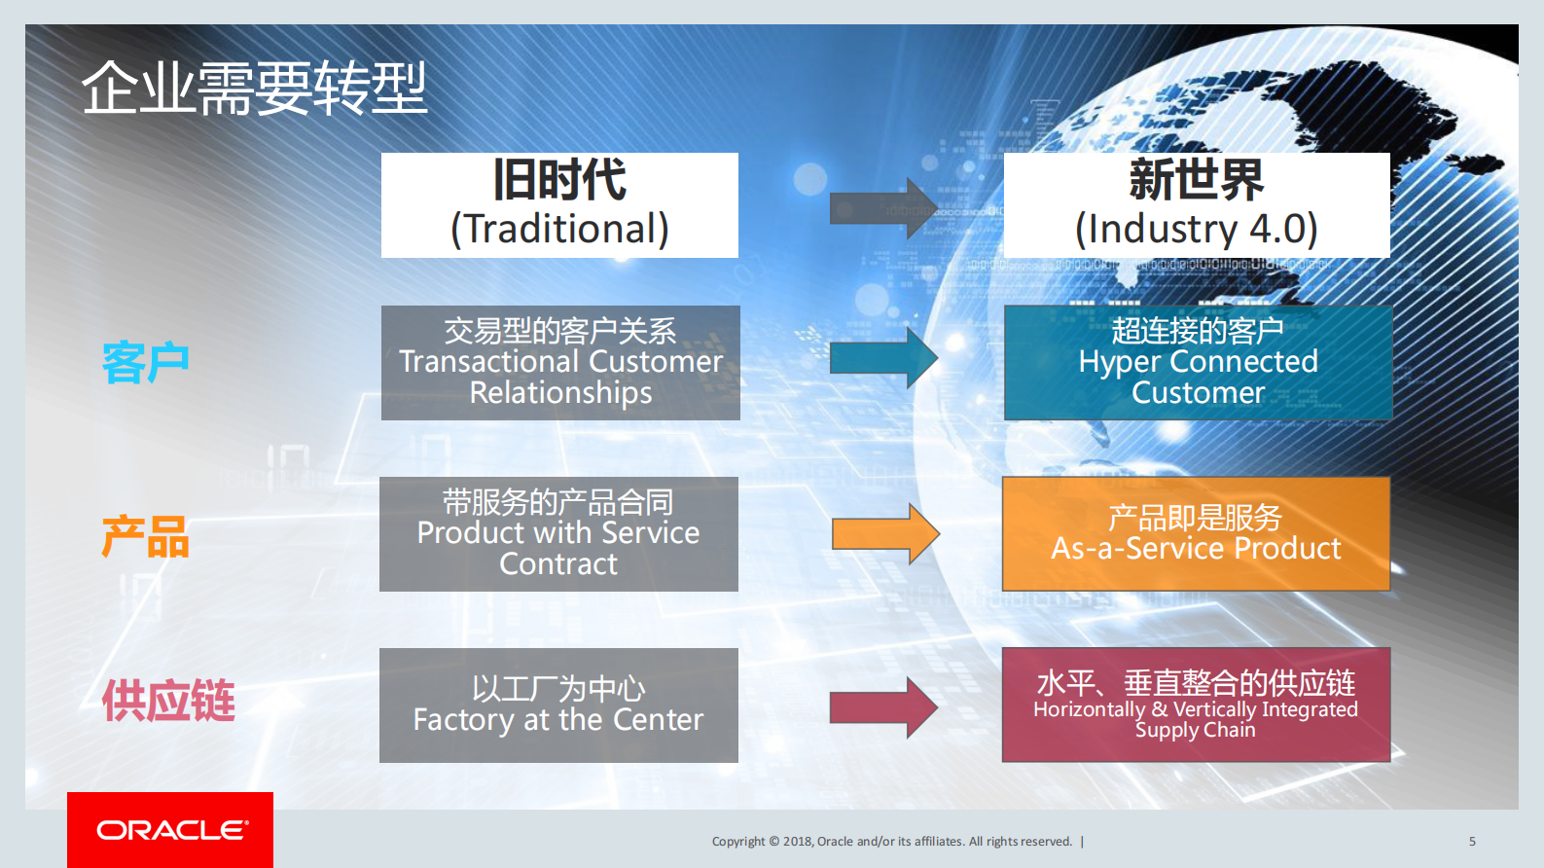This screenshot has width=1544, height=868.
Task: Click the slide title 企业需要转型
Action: pyautogui.click(x=254, y=88)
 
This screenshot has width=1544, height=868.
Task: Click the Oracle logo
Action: pyautogui.click(x=170, y=830)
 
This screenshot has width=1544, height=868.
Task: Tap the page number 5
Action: pyautogui.click(x=1472, y=842)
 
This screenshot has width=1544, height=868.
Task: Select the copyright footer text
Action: pyautogui.click(x=892, y=842)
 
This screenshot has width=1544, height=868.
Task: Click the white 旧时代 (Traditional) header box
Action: pyautogui.click(x=559, y=205)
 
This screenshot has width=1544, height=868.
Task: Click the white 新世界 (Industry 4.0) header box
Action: pyautogui.click(x=1197, y=205)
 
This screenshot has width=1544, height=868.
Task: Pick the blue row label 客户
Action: pyautogui.click(x=145, y=363)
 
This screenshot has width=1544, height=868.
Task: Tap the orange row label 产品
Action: pyautogui.click(x=145, y=537)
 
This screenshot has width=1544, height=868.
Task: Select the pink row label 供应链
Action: pyautogui.click(x=168, y=701)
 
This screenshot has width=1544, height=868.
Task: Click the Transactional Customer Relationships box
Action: pyautogui.click(x=560, y=363)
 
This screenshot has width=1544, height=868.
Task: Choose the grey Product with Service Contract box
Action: pyautogui.click(x=558, y=534)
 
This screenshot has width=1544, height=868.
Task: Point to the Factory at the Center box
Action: pyautogui.click(x=558, y=705)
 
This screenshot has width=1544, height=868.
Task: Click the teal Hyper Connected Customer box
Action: pyautogui.click(x=1198, y=363)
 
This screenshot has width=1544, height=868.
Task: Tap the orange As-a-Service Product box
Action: pyautogui.click(x=1196, y=533)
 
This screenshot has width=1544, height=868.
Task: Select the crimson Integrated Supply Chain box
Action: pyautogui.click(x=1196, y=705)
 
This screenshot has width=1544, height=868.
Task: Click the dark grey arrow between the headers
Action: pyautogui.click(x=881, y=208)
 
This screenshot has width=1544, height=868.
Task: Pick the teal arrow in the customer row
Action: pyautogui.click(x=881, y=358)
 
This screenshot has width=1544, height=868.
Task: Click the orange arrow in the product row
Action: pyautogui.click(x=883, y=534)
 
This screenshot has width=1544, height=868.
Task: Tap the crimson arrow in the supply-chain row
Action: pyautogui.click(x=881, y=707)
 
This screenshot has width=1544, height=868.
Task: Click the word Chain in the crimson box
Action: pyautogui.click(x=1230, y=730)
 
